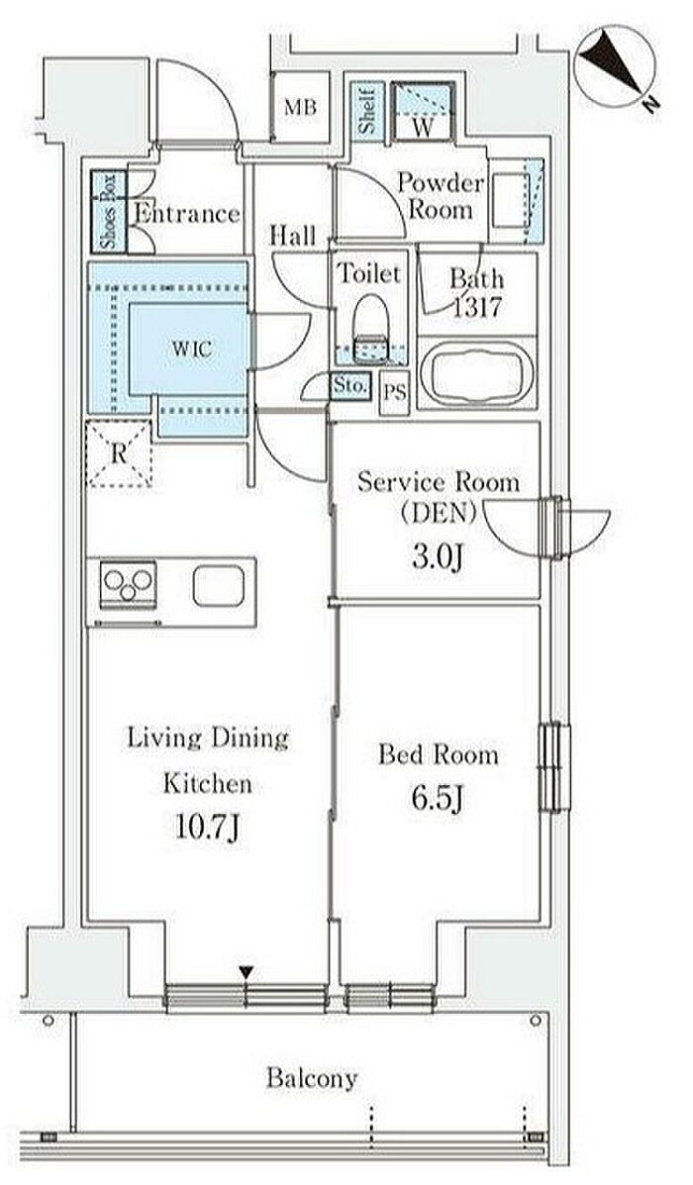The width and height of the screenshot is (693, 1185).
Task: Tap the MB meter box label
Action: click(300, 107)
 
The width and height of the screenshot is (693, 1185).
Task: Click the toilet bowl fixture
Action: click(370, 318)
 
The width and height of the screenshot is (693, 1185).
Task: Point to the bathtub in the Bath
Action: click(476, 373)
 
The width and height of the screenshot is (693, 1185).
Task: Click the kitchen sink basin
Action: click(219, 586)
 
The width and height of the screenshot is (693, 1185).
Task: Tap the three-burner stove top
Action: click(129, 584)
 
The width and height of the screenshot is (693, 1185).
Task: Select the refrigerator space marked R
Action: click(120, 453)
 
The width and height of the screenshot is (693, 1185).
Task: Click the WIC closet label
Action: click(191, 349)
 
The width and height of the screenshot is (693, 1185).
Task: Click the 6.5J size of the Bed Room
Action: click(438, 799)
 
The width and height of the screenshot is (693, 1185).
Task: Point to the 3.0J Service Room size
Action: click(437, 557)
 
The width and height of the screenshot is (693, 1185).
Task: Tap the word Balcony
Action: click(312, 1078)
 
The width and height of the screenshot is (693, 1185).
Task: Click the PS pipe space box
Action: click(394, 392)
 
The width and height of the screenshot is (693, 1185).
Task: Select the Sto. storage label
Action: click(350, 385)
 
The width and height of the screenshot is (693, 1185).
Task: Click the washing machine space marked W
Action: click(423, 111)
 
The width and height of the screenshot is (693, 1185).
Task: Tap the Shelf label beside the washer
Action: click(367, 110)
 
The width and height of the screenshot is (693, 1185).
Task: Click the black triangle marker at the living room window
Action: click(245, 972)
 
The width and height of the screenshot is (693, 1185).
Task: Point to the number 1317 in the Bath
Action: click(476, 307)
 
